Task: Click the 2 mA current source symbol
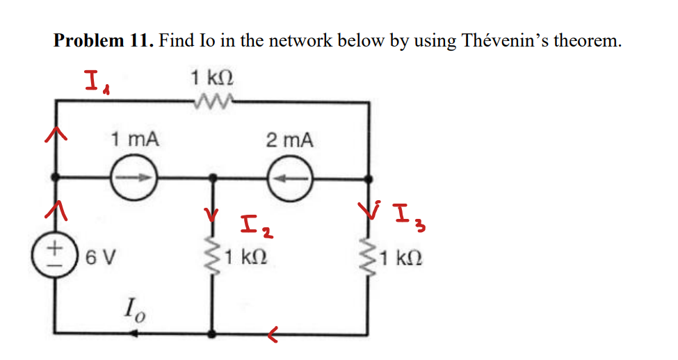[x=289, y=178]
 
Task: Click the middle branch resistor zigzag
[x=212, y=257]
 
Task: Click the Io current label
[x=135, y=306]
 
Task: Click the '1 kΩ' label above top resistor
[x=211, y=77]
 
